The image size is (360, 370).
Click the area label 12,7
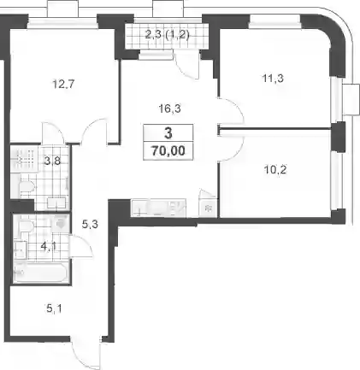(x=63, y=85)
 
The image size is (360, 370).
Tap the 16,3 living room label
(x=170, y=109)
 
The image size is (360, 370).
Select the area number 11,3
(x=273, y=78)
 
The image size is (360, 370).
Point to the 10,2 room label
(x=275, y=170)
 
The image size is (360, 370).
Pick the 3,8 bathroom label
(x=53, y=162)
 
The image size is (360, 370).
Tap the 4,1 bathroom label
(x=49, y=246)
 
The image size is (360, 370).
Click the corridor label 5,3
(x=90, y=225)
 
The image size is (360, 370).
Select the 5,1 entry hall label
(x=53, y=308)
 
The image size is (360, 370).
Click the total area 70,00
(x=168, y=150)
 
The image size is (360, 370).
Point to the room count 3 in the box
(x=168, y=133)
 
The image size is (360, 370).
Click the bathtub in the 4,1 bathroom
(x=41, y=273)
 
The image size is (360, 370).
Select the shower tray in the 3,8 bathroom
(x=24, y=158)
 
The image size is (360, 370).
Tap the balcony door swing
(x=187, y=66)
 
